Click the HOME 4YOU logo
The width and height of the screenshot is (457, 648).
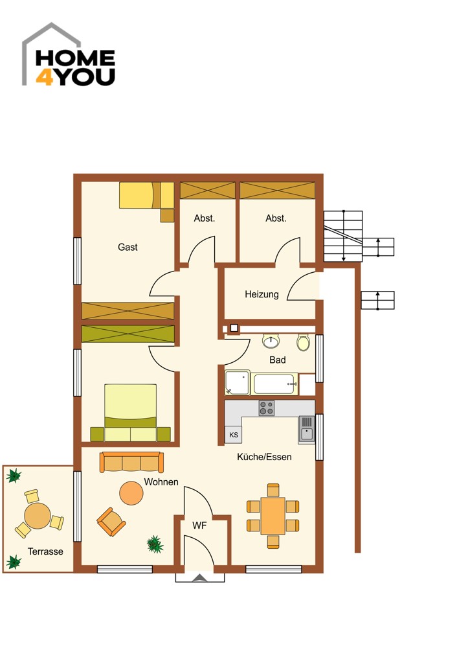[x=69, y=54]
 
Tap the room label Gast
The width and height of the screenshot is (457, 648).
[x=128, y=247]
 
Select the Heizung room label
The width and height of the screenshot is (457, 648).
[x=262, y=294]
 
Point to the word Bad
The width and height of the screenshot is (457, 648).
[x=278, y=360]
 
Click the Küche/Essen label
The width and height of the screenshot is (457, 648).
[x=264, y=457]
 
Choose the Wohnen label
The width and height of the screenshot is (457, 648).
[x=161, y=482]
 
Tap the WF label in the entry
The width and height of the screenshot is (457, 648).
[x=199, y=526]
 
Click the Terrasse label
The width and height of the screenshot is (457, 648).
[x=45, y=551]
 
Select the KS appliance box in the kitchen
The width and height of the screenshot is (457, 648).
[x=234, y=435]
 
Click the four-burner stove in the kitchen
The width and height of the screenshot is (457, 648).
[x=267, y=408]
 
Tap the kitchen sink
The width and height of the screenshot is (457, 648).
[x=307, y=430]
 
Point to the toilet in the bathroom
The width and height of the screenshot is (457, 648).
[x=303, y=342]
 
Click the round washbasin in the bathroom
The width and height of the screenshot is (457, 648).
[x=271, y=341]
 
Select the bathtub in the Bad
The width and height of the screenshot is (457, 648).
[x=275, y=384]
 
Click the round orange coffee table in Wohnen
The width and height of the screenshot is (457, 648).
[x=131, y=493]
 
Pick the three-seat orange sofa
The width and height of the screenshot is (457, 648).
[x=131, y=462]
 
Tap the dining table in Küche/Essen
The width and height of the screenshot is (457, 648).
[x=273, y=516]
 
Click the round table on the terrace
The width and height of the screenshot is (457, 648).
[x=38, y=516]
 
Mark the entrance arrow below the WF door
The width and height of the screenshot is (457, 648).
[x=200, y=578]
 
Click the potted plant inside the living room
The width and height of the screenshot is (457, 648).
[x=155, y=544]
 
